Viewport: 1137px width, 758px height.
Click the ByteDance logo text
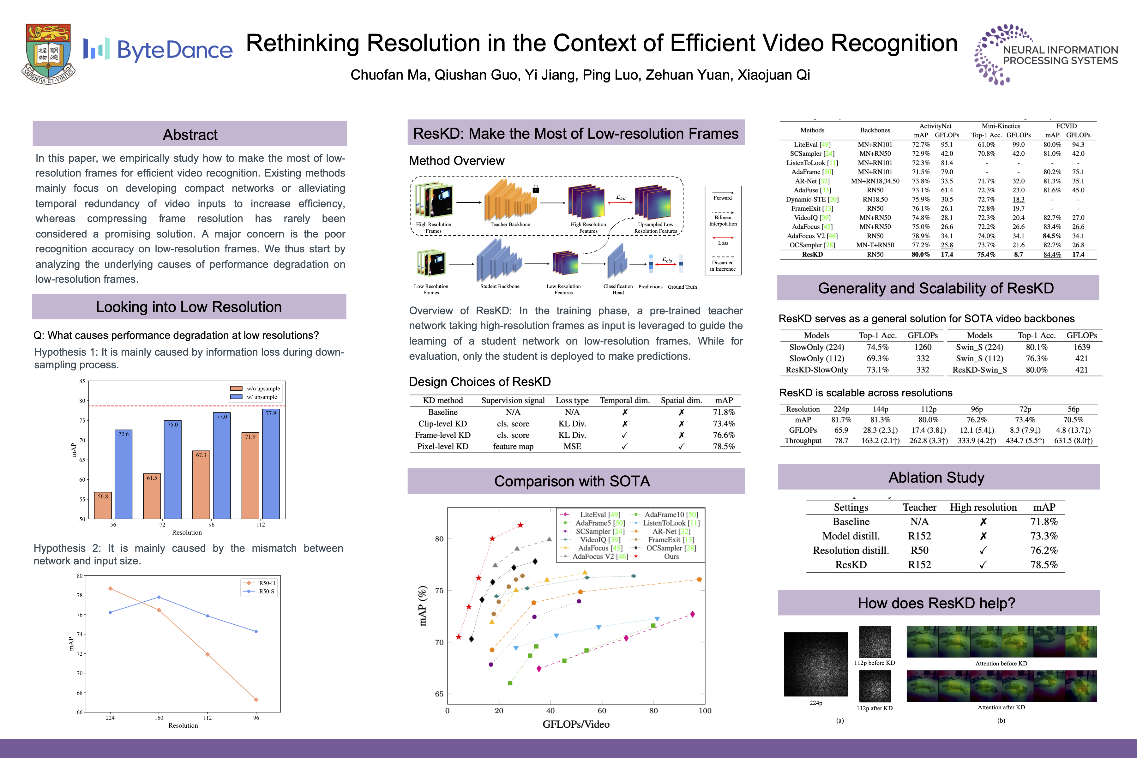[174, 50]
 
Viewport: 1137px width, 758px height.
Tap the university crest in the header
[48, 53]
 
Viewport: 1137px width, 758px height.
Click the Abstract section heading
[190, 135]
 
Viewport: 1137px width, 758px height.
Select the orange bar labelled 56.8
[103, 505]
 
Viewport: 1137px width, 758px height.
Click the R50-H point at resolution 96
[256, 700]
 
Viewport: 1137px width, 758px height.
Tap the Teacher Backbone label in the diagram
[510, 224]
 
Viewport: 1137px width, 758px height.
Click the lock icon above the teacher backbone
[536, 189]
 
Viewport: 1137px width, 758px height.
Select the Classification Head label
[618, 289]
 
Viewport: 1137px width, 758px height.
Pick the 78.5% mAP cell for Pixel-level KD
[723, 446]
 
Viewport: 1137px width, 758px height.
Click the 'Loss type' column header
[572, 400]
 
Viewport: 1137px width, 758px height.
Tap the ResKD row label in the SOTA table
[812, 254]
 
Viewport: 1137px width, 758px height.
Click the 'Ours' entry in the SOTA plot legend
[671, 556]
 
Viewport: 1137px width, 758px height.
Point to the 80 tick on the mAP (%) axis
[439, 538]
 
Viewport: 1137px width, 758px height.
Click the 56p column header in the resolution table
[1073, 409]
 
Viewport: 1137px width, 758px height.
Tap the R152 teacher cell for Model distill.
[919, 536]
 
